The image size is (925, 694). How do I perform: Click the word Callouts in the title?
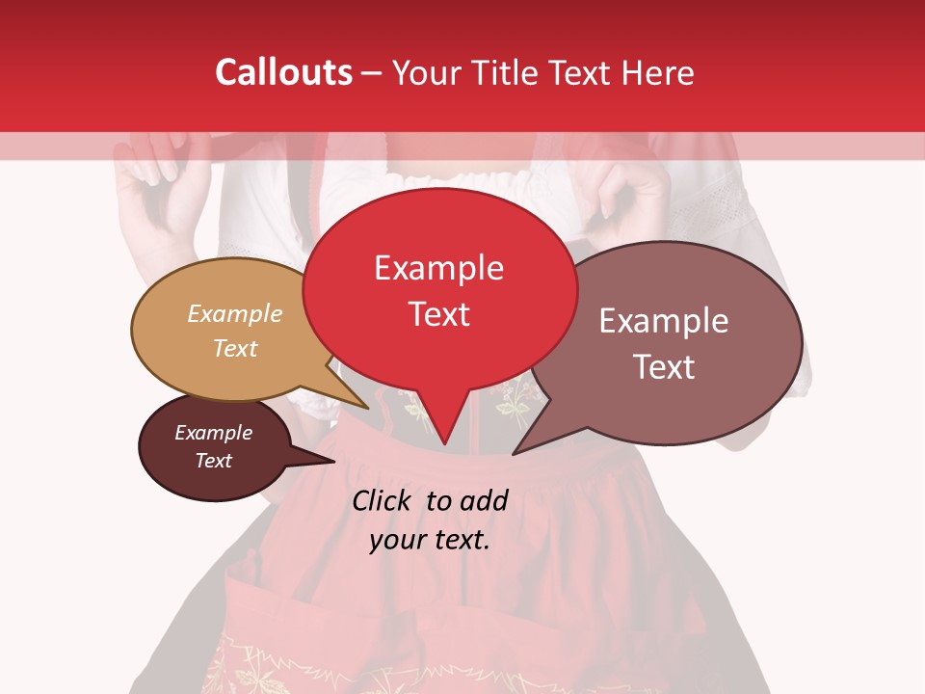point(283,72)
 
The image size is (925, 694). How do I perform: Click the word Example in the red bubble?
point(438,268)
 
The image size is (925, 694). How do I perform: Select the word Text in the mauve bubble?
point(664,367)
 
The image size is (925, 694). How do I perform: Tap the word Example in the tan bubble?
point(235,314)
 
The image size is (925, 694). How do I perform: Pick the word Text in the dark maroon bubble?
point(214,461)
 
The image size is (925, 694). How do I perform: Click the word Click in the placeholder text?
point(383,500)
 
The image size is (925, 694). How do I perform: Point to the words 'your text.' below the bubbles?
point(430,540)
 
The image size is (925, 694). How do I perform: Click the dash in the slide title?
point(372,73)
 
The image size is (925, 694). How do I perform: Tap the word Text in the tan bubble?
point(235,348)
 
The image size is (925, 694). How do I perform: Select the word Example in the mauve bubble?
point(664,321)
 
